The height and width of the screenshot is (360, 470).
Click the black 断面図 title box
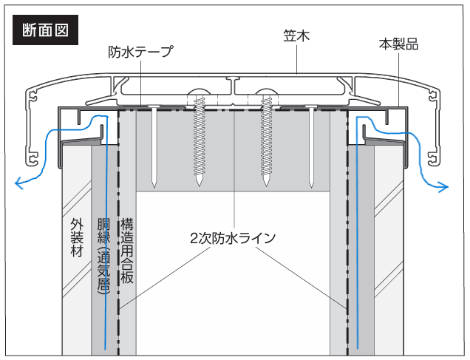(x=45, y=30)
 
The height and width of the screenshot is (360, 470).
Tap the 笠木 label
(x=296, y=35)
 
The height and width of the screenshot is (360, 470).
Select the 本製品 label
(x=398, y=44)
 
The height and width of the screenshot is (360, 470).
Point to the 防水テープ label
(x=140, y=52)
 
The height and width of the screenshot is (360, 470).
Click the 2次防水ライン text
(x=233, y=238)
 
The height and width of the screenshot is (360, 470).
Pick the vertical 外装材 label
(x=77, y=237)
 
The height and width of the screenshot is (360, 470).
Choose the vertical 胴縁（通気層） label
(x=103, y=256)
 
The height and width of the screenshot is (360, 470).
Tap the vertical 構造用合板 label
(x=127, y=251)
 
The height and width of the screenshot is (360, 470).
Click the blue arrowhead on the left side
(x=19, y=183)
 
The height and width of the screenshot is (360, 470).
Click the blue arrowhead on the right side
(x=444, y=187)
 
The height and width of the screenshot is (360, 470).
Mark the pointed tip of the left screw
(x=199, y=186)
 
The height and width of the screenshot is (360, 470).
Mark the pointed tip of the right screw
(x=266, y=186)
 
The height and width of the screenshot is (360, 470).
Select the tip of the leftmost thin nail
(x=154, y=187)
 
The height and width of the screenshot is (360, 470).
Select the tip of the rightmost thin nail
(x=311, y=187)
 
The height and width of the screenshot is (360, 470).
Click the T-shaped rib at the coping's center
(x=234, y=85)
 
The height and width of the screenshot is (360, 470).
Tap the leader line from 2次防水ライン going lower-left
(x=164, y=279)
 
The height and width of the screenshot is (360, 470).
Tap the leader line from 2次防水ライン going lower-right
(x=301, y=278)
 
